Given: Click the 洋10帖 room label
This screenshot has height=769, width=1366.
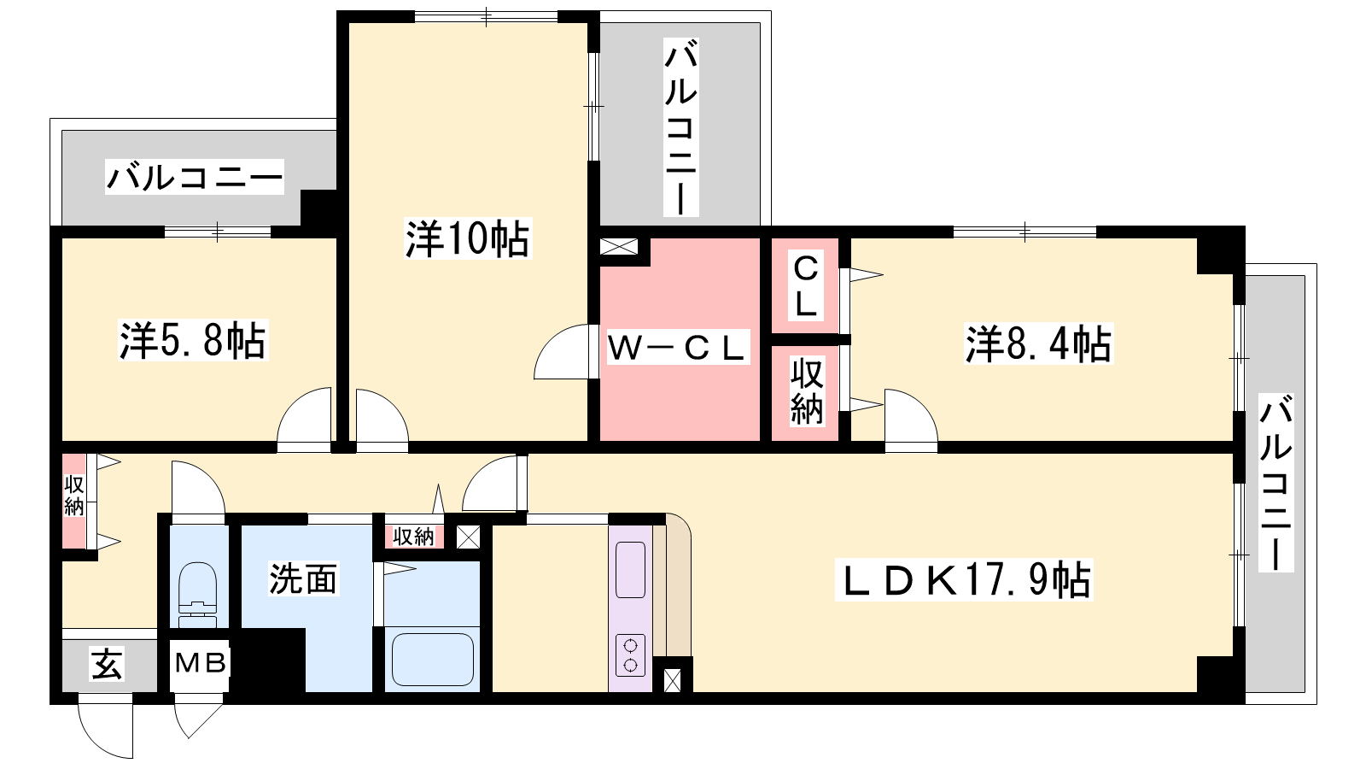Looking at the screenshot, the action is [x=468, y=238].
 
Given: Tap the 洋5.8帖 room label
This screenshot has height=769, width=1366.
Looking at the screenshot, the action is [x=193, y=340].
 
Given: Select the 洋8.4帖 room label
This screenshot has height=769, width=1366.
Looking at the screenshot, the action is [x=1038, y=343].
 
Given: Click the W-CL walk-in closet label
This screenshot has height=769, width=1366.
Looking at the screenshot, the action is [x=677, y=348].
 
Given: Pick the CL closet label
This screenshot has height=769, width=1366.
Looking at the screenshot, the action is [x=806, y=285].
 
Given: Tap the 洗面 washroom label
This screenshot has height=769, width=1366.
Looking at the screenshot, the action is [x=303, y=578].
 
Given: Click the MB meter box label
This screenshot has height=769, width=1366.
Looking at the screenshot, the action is [x=201, y=662].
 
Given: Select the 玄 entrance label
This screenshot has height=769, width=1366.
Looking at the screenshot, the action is [x=108, y=664].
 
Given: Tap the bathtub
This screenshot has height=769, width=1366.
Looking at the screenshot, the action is [x=433, y=659].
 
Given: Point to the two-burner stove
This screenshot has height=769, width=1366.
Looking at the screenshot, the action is [x=630, y=655].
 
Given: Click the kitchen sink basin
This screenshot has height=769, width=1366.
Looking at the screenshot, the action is [x=631, y=570].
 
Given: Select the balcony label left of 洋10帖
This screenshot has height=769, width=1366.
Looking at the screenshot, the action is [x=195, y=177].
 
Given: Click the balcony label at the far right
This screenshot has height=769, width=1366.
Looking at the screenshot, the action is [x=1276, y=482].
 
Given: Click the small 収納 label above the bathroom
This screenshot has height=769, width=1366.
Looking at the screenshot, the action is [x=413, y=537].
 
